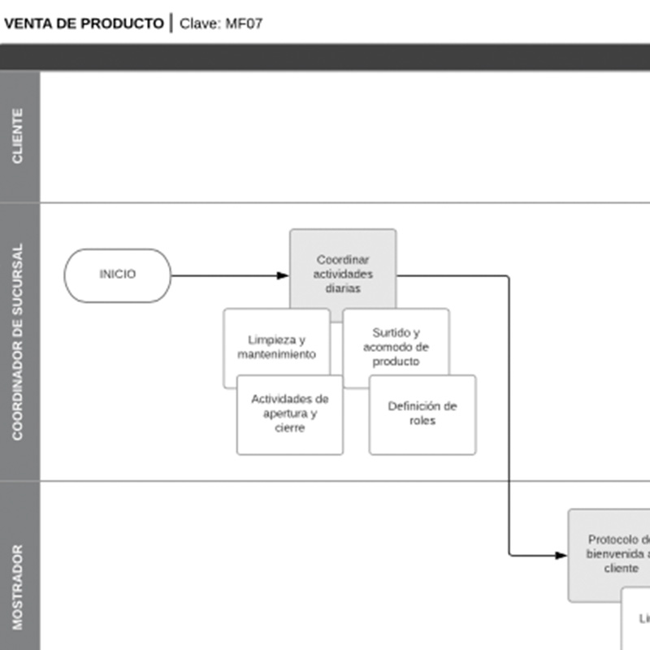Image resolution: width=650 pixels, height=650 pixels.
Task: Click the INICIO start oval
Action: (118, 275)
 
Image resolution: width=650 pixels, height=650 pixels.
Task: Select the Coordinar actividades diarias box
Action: (343, 274)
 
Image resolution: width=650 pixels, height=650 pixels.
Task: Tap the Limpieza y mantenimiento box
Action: (276, 347)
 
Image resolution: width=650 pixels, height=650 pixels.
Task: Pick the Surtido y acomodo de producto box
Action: (396, 347)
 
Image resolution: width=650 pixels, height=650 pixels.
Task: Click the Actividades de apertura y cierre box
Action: (289, 414)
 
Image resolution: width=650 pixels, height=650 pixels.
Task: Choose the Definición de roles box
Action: (422, 414)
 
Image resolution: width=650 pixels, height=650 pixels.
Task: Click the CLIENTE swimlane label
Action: (19, 136)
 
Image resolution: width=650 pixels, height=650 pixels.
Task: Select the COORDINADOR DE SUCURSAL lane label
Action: (19, 341)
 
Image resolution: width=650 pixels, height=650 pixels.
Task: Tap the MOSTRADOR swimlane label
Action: (19, 587)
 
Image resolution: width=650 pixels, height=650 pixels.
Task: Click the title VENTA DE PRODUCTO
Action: (83, 24)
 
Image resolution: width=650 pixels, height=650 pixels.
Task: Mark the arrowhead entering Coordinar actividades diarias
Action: (283, 275)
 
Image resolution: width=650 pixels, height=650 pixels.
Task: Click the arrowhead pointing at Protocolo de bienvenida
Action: (561, 556)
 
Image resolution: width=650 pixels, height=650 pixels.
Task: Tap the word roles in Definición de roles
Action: (422, 421)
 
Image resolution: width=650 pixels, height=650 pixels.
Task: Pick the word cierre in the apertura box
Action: (289, 428)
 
